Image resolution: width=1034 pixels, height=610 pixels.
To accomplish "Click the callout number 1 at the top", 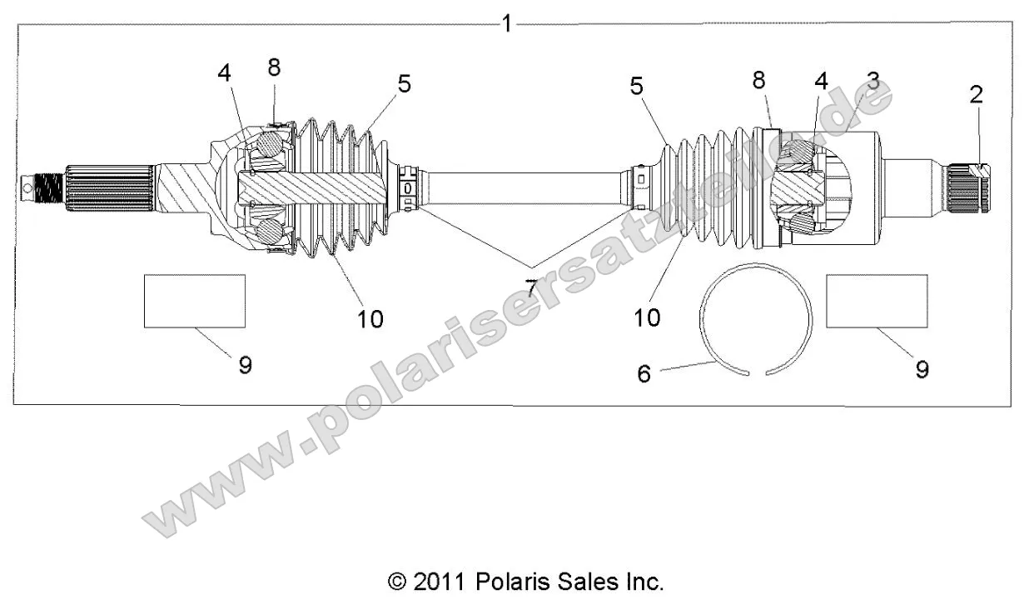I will (x=506, y=23).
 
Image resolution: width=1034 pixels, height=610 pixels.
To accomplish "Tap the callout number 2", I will (x=976, y=94).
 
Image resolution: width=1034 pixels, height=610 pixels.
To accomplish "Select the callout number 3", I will (x=872, y=82).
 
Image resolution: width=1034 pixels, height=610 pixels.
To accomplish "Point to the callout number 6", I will (x=644, y=372).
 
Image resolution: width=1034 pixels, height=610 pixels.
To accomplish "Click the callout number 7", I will (x=530, y=287).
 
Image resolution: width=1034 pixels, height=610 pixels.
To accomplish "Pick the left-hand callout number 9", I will (x=245, y=364).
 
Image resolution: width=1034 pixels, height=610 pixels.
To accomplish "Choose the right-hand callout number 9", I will (x=922, y=368).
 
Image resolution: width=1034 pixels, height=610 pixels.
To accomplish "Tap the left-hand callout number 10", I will (x=370, y=317).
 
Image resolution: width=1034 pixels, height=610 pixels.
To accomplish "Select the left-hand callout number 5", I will (x=404, y=83).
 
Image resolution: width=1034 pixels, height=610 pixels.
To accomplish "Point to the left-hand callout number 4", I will (x=224, y=72).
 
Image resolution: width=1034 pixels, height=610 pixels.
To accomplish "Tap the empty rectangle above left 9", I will (x=195, y=301).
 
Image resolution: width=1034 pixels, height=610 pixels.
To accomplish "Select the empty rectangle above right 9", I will (x=877, y=301).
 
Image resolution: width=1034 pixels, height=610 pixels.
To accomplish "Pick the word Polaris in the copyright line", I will (x=508, y=581).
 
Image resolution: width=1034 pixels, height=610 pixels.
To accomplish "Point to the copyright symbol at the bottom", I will (x=398, y=582).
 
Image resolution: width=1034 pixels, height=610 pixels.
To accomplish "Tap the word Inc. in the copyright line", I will (x=644, y=581).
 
